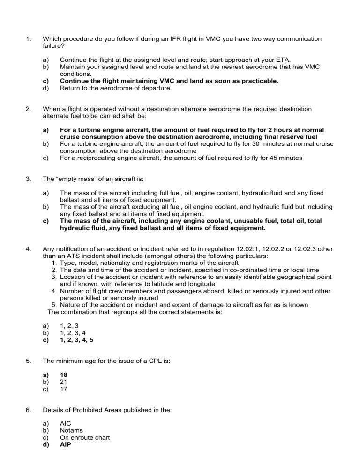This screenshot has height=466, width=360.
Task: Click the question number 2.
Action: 29,109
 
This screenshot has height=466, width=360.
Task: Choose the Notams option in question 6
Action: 72,431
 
